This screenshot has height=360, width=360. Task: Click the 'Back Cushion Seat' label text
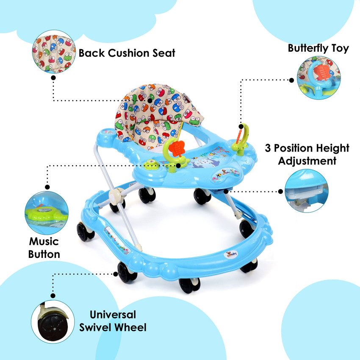[x=127, y=53]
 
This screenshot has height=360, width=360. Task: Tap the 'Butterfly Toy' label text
[x=318, y=48]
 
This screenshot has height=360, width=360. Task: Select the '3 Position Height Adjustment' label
[x=307, y=155]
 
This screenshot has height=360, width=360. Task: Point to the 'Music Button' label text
[x=44, y=248]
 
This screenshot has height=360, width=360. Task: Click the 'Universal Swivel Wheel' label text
[x=113, y=321]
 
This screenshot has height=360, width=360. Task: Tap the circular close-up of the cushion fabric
[x=54, y=52]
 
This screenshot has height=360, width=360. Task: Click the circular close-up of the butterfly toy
[x=318, y=78]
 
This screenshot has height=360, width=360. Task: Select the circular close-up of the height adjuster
[x=307, y=191]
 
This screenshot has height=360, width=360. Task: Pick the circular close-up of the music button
[x=47, y=213]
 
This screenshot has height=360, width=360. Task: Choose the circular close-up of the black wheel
[x=53, y=321]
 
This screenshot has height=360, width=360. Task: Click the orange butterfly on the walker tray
[x=176, y=149]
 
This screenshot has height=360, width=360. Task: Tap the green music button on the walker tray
[x=151, y=164]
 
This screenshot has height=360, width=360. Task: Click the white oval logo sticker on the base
[x=231, y=255]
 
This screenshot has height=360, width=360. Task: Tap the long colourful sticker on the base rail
[x=116, y=240]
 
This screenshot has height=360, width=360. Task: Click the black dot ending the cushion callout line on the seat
[x=150, y=100]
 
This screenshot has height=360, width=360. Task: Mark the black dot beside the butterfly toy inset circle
[x=291, y=80]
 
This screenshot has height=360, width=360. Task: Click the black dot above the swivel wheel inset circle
[x=53, y=296]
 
